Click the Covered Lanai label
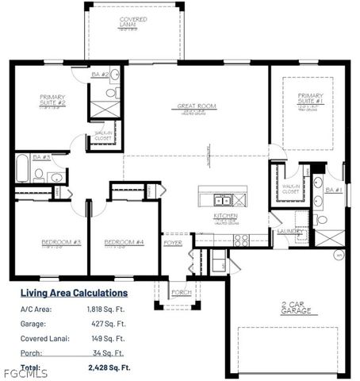(x=133, y=21)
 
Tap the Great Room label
(x=196, y=106)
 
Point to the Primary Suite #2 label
(x=52, y=101)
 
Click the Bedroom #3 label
(x=52, y=241)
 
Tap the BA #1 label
(x=333, y=190)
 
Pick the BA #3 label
(x=42, y=157)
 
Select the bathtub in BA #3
(x=21, y=168)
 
